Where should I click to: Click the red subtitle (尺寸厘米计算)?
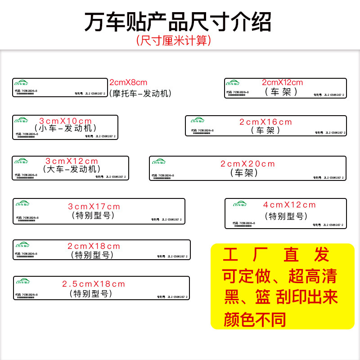pyautogui.click(x=173, y=40)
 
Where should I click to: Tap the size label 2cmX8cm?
pyautogui.click(x=128, y=82)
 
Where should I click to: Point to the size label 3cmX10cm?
pyautogui.click(x=65, y=121)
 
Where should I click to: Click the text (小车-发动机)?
pyautogui.click(x=65, y=129)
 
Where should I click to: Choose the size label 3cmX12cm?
pyautogui.click(x=72, y=161)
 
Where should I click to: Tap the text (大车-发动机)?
pyautogui.click(x=72, y=169)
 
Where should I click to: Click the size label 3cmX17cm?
pyautogui.click(x=94, y=207)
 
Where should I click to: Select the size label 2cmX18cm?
pyautogui.click(x=94, y=246)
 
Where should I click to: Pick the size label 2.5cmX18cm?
pyautogui.click(x=94, y=284)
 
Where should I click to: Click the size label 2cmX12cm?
pyautogui.click(x=283, y=82)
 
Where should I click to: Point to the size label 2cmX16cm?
pyautogui.click(x=265, y=122)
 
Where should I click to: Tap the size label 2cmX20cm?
pyautogui.click(x=247, y=164)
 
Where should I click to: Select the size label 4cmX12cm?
pyautogui.click(x=289, y=205)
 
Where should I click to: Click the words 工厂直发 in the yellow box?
pyautogui.click(x=276, y=255)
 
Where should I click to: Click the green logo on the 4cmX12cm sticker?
pyautogui.click(x=239, y=204)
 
